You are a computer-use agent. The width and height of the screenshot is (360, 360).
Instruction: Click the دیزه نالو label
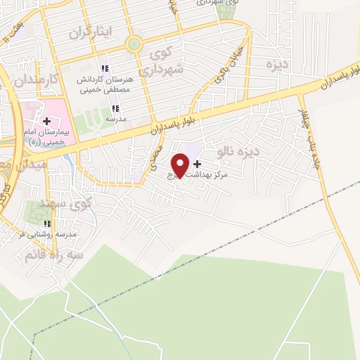(x=239, y=150)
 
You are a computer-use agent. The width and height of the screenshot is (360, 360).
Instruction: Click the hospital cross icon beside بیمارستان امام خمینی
(x=46, y=121)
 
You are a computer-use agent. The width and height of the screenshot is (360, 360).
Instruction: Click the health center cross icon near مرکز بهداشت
(x=196, y=163)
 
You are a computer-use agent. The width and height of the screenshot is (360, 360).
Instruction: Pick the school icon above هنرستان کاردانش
(x=105, y=69)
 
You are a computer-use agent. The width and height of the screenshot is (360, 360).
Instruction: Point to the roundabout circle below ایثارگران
(x=132, y=45)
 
